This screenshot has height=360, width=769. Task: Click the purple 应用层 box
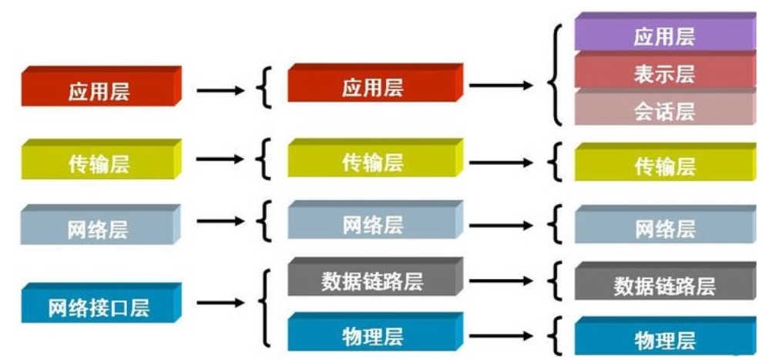(665, 32)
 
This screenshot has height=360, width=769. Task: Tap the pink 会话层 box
(665, 107)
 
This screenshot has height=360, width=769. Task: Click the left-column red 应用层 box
(101, 86)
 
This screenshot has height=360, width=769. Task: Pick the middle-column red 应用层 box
(375, 83)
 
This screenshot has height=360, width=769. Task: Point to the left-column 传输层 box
(101, 160)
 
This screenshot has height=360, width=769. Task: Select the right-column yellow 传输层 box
(665, 163)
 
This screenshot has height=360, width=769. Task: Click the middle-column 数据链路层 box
(375, 277)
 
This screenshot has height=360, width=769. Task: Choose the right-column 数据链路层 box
(665, 281)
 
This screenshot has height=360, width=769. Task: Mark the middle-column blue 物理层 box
(375, 332)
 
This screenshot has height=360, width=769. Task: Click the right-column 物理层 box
(665, 336)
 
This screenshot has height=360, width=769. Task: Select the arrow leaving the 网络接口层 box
(220, 303)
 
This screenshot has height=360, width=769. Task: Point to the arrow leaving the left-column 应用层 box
(220, 90)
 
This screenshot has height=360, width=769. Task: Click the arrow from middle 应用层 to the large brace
(501, 86)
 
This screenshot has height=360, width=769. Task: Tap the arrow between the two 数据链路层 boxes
(501, 281)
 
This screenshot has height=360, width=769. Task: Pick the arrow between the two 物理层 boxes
(501, 336)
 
